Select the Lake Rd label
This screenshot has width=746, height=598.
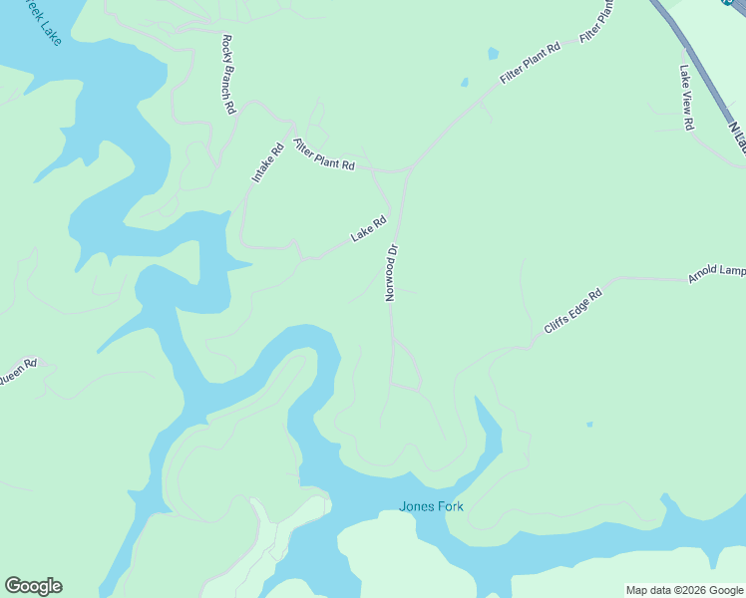(x=368, y=230)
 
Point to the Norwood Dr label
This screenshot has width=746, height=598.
(x=392, y=272)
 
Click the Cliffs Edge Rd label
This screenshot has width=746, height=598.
(x=573, y=311)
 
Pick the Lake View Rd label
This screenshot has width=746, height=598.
(x=686, y=99)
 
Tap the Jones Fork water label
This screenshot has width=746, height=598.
(x=431, y=505)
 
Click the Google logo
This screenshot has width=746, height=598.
(x=33, y=586)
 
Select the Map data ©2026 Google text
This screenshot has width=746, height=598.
(x=684, y=590)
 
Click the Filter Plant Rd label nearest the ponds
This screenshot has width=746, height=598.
(x=531, y=63)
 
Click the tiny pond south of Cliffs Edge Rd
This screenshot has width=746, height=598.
(x=589, y=425)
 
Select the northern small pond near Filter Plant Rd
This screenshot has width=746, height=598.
(x=493, y=54)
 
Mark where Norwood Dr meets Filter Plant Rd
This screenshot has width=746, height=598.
(x=409, y=171)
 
